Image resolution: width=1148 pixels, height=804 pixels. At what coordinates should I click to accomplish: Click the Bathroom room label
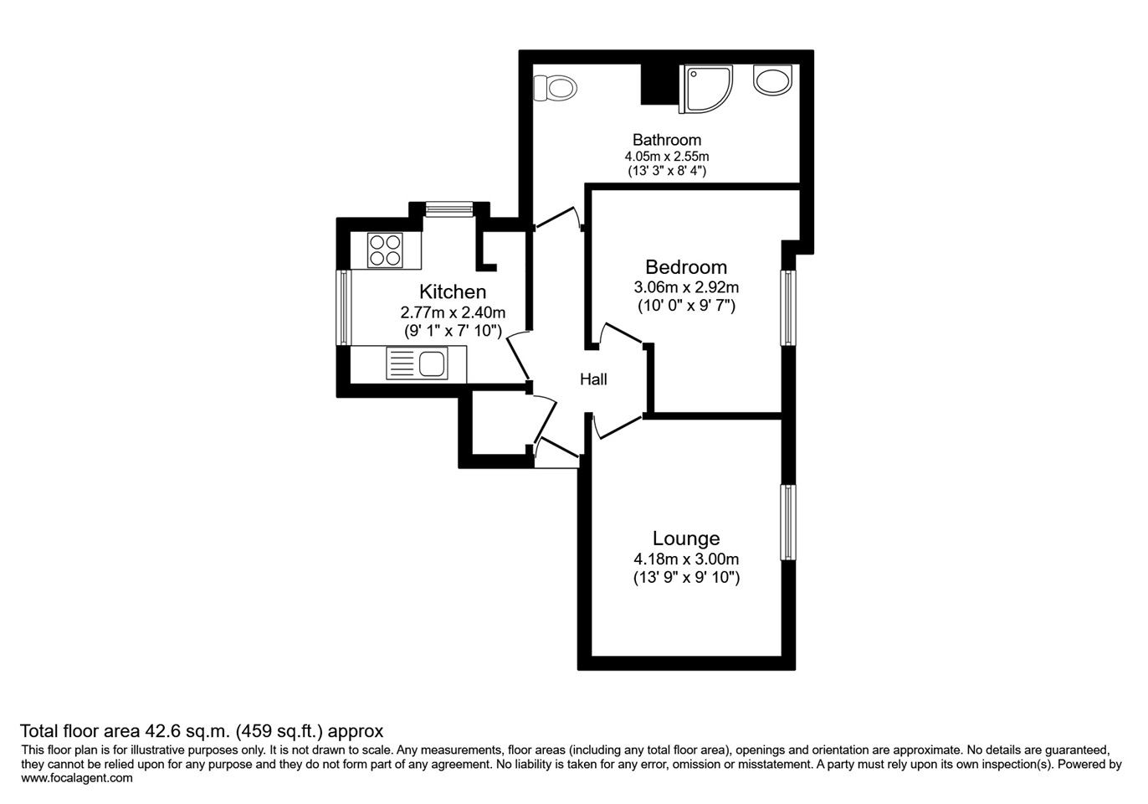(x=666, y=140)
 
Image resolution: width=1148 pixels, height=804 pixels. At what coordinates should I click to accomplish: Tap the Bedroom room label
(x=686, y=267)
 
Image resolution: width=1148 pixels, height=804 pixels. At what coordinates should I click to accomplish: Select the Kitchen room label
(x=453, y=292)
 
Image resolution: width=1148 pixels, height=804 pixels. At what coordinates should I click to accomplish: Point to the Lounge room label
(x=686, y=539)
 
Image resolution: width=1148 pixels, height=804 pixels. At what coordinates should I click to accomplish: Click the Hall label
(x=593, y=379)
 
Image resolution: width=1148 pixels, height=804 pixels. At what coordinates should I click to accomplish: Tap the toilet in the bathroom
(x=555, y=89)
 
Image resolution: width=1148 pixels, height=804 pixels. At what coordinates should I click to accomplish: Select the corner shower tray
(x=705, y=90)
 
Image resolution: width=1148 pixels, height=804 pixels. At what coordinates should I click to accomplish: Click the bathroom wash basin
(x=772, y=80)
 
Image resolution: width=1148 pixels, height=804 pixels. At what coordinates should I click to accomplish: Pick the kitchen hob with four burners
(x=384, y=250)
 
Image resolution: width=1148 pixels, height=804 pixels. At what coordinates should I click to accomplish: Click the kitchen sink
(x=417, y=363)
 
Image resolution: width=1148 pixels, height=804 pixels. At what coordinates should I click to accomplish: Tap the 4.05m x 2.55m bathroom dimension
(x=666, y=156)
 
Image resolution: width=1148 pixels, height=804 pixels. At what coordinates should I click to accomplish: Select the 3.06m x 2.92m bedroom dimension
(x=686, y=287)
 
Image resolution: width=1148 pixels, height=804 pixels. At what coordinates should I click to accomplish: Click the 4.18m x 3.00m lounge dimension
(x=686, y=559)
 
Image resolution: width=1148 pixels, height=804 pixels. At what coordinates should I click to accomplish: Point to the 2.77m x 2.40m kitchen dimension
(x=453, y=312)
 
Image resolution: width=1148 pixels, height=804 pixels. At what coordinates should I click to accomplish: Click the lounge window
(x=788, y=523)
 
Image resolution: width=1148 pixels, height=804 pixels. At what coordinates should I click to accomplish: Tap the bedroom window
(x=788, y=308)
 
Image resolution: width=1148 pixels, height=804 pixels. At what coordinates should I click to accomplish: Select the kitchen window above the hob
(x=449, y=209)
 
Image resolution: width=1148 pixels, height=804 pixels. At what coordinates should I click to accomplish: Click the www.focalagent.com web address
(x=77, y=778)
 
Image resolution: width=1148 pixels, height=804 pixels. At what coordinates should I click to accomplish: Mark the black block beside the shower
(x=659, y=84)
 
